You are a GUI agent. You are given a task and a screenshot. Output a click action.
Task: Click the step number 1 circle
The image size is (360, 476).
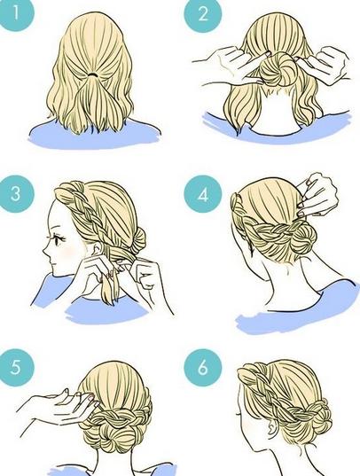(15, 13)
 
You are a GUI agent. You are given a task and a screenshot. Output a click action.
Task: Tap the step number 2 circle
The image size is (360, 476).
(203, 14)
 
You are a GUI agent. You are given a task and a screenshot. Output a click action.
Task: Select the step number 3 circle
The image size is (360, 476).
(16, 193)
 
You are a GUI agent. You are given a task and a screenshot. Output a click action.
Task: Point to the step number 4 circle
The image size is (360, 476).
(203, 195)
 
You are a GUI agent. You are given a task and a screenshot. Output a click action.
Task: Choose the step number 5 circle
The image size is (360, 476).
(16, 367)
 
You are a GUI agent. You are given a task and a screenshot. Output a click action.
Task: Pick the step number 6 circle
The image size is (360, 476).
(203, 367)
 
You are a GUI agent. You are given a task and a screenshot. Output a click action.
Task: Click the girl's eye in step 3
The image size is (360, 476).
(59, 240)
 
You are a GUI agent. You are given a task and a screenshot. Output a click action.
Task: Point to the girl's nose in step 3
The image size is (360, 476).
(45, 252)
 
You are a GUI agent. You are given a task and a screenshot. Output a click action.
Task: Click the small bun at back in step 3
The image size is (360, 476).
(138, 238)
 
